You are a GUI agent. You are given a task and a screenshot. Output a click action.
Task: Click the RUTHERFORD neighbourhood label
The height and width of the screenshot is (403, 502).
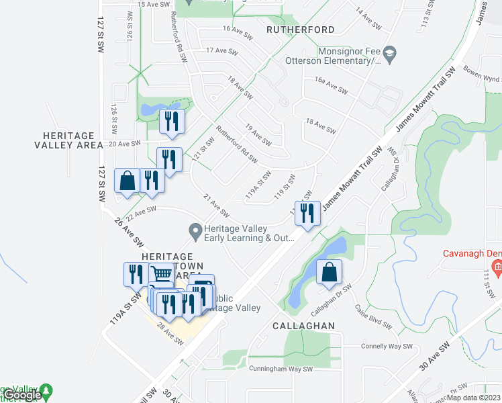(x=300, y=30)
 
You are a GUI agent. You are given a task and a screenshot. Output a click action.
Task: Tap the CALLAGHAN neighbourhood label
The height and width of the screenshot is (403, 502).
(x=303, y=324)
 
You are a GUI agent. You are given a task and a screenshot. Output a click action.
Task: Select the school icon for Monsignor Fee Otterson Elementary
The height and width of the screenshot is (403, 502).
(x=389, y=52)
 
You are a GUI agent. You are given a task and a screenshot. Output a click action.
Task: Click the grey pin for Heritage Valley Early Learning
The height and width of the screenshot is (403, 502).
(x=195, y=232)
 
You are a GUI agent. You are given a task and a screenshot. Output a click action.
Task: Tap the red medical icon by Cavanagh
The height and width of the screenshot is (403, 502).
(x=497, y=269)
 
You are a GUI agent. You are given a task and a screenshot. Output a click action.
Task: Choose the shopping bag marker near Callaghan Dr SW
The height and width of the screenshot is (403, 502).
(x=329, y=272)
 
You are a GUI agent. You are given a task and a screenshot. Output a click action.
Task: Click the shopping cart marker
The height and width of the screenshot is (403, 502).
(x=161, y=274)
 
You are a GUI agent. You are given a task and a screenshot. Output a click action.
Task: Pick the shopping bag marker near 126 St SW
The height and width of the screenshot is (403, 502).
(x=127, y=181)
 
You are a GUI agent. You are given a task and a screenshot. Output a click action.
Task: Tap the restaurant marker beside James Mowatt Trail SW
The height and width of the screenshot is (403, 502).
(x=307, y=213)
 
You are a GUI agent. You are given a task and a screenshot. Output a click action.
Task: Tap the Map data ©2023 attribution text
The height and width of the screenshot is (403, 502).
(x=474, y=398)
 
